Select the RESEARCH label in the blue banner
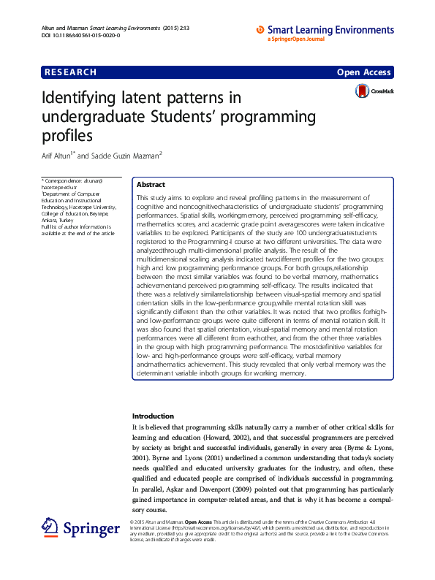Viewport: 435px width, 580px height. pyautogui.click(x=71, y=72)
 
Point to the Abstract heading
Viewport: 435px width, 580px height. pyautogui.click(x=151, y=185)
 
